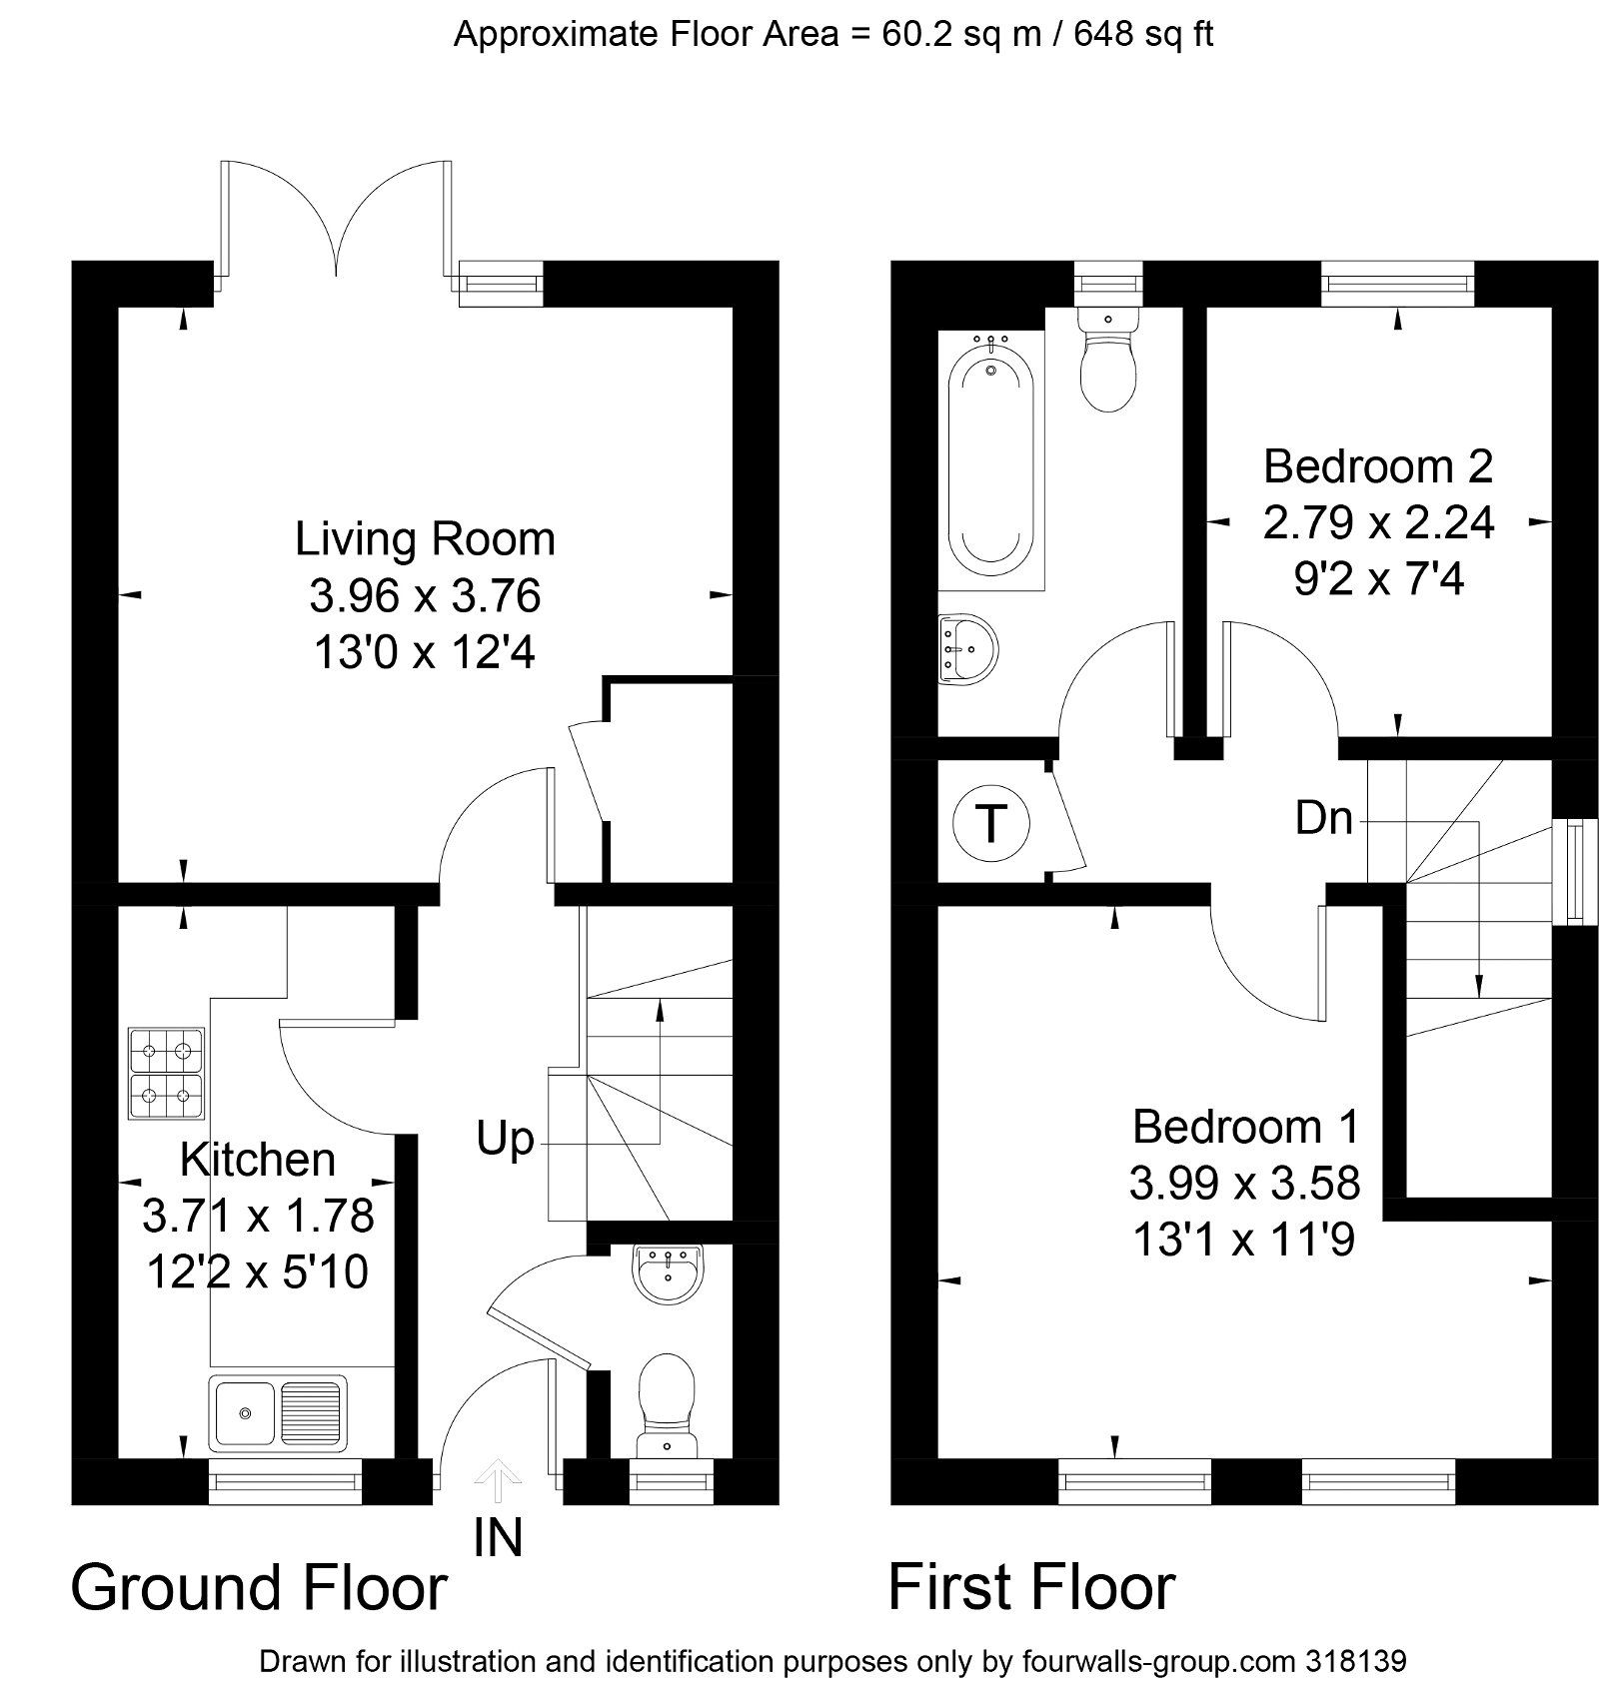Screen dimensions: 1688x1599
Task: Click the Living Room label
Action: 425,539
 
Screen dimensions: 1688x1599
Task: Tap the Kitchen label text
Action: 258,1160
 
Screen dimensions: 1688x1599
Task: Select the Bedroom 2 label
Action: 1378,466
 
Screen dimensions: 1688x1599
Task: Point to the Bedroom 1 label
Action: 1245,1127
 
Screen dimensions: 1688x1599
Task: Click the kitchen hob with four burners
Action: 166,1073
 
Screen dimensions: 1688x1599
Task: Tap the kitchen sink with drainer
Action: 278,1412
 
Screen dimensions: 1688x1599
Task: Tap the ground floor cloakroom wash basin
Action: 669,1273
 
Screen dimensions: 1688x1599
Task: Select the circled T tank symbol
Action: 990,825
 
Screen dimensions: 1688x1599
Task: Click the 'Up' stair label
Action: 505,1139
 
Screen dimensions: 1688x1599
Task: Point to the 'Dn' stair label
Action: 1324,819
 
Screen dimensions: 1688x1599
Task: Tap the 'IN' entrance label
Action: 498,1538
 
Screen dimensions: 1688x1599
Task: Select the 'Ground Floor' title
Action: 259,1588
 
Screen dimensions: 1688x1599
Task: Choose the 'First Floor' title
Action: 1031,1588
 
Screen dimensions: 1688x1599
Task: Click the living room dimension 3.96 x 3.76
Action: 425,596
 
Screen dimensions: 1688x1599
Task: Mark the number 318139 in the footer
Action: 1356,1662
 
